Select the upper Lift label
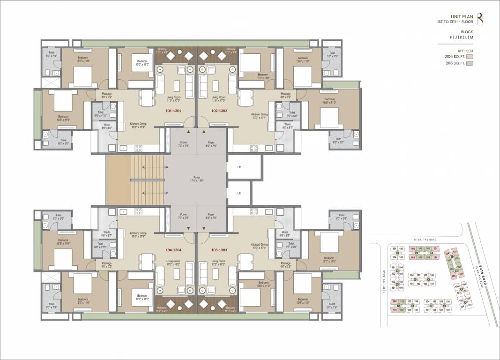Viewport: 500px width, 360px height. pos(239,167)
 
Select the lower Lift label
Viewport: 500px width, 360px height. pos(239,193)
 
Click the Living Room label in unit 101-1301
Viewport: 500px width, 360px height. pos(174,98)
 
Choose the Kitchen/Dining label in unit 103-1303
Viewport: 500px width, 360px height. pos(259,246)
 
